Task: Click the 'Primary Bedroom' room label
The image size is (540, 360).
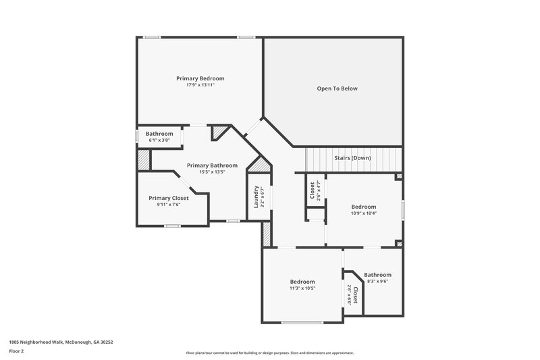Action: coord(200,78)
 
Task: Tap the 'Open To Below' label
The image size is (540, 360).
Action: coord(337,88)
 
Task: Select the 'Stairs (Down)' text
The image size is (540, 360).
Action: coord(352,158)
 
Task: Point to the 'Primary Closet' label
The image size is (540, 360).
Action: coord(169,198)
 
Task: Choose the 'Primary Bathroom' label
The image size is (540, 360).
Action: coord(212,165)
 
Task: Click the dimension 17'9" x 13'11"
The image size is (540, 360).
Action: coord(200,86)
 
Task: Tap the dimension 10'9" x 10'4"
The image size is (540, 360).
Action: coord(364,213)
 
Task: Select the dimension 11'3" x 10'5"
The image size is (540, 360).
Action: coord(302,288)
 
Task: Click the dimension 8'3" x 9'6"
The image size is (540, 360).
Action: coord(377,282)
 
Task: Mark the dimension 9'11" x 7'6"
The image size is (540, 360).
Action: coord(169,204)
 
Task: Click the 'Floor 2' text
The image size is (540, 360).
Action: coord(16,351)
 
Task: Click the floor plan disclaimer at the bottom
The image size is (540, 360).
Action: coord(269,353)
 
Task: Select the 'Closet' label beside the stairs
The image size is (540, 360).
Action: coord(311,190)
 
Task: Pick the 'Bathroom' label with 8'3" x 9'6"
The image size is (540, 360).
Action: coord(377,275)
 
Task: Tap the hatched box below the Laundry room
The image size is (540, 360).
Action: coord(267,233)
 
